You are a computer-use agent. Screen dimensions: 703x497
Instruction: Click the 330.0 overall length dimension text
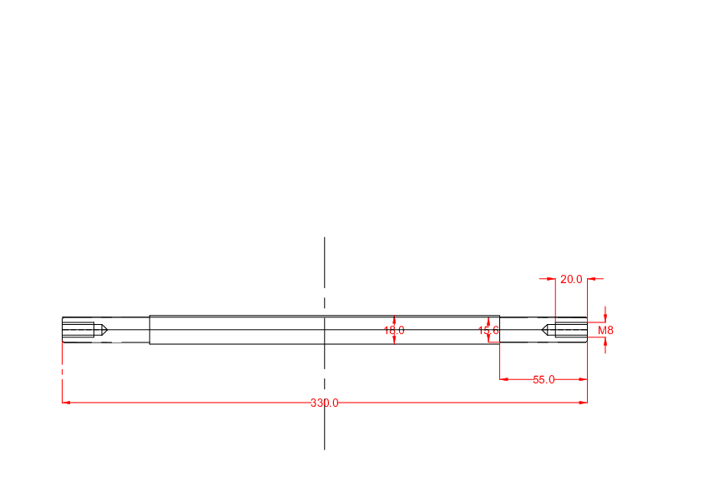click(x=324, y=403)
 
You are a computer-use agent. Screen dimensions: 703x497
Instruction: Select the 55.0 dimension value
click(x=544, y=380)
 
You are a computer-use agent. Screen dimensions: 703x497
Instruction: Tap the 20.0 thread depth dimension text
click(x=571, y=280)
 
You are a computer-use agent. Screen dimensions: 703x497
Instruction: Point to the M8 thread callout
click(x=605, y=331)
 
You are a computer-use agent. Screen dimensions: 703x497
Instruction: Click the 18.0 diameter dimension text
click(x=394, y=331)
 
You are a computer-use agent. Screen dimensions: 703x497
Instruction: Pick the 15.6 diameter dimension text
click(x=488, y=331)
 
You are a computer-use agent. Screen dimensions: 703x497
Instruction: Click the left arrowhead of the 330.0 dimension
click(x=66, y=403)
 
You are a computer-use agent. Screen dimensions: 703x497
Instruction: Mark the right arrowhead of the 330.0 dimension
click(x=583, y=403)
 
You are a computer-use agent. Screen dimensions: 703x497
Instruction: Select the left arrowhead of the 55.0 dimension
click(x=504, y=379)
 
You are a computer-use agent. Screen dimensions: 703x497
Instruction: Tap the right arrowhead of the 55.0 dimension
click(x=583, y=379)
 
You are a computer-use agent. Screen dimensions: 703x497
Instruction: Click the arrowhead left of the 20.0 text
click(x=551, y=278)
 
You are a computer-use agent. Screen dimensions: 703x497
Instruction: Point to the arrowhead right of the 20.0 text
click(x=592, y=278)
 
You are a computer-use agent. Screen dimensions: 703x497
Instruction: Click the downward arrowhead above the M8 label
click(x=605, y=317)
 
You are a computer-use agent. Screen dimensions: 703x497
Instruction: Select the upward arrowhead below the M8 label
click(x=605, y=341)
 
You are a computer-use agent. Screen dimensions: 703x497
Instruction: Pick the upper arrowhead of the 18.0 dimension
click(x=394, y=320)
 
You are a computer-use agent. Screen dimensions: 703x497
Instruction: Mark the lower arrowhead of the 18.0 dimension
click(x=394, y=340)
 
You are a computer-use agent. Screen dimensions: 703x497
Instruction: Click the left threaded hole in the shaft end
click(x=78, y=330)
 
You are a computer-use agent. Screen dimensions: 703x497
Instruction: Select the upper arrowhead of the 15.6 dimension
click(x=488, y=321)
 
